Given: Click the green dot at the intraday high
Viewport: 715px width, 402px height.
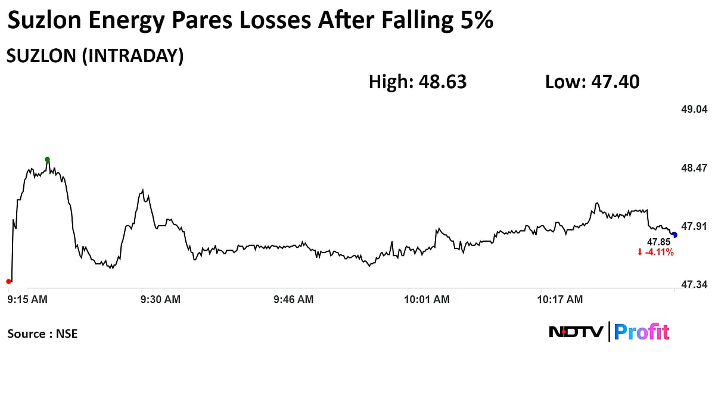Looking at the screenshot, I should point(48,159).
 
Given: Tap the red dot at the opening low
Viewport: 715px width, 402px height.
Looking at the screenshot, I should point(8,281).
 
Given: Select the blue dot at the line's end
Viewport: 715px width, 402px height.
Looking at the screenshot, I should point(674,235).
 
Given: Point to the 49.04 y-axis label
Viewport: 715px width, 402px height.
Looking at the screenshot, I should point(694,110).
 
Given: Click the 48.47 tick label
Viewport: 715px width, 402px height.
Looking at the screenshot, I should point(694,168).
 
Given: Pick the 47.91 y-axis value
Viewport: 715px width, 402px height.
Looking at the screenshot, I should point(694,226).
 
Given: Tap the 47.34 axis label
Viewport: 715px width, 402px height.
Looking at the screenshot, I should point(694,285).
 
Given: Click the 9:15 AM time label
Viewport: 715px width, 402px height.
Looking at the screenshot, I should point(27,300).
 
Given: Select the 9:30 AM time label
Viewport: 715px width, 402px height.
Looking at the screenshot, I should point(160,300).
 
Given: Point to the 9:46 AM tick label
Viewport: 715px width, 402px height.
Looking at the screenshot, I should point(293,300).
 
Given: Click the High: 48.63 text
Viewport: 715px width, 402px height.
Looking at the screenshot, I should point(418,82).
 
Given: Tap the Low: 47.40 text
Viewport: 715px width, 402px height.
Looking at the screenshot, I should point(592,82).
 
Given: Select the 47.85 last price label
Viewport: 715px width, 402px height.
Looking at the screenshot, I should point(659,242).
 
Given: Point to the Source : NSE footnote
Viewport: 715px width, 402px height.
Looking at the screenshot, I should point(42,334).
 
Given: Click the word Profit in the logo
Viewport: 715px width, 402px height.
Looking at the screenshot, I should point(642,332).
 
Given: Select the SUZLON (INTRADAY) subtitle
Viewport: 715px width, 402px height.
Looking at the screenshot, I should point(94,55).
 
